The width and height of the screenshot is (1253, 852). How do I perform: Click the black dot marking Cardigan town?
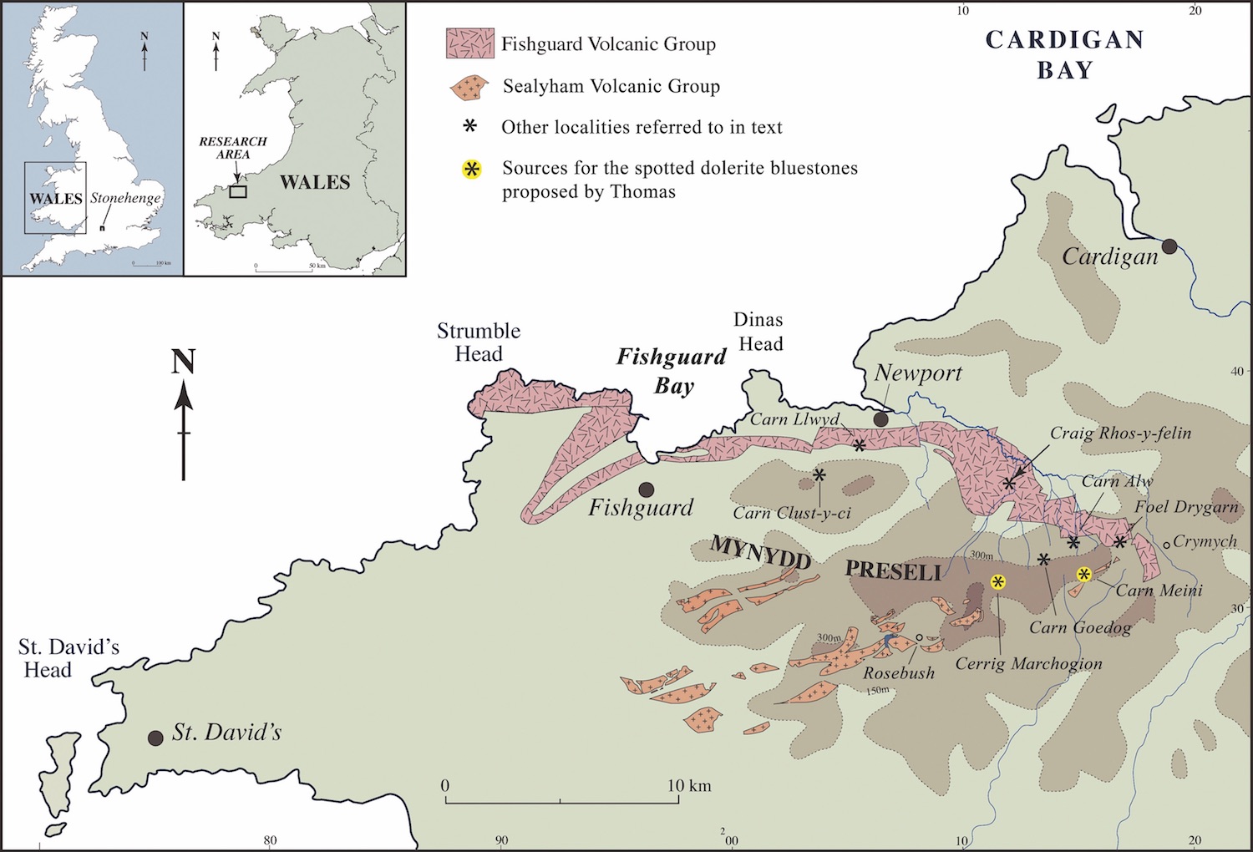click(1169, 246)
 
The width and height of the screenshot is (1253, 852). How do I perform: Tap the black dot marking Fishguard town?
click(646, 489)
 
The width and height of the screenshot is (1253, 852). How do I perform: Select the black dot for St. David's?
click(155, 738)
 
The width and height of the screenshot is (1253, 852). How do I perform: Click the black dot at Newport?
click(880, 419)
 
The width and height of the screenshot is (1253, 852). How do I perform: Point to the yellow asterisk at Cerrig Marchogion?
click(997, 582)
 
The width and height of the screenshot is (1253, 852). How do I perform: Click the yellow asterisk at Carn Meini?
click(1083, 574)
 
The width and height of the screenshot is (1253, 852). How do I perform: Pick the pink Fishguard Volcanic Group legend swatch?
click(469, 43)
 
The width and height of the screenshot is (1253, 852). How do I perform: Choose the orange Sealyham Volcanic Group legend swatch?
click(469, 86)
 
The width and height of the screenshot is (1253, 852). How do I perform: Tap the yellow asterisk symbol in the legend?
click(472, 170)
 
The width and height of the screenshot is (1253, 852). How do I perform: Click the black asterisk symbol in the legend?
click(471, 127)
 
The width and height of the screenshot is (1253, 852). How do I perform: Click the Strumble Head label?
click(479, 342)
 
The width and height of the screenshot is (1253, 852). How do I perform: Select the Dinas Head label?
click(759, 332)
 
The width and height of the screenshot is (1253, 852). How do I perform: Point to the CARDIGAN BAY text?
click(1064, 54)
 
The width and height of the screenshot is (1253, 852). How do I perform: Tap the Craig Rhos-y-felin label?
click(1120, 433)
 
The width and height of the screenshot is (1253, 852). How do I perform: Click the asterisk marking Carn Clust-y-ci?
click(819, 475)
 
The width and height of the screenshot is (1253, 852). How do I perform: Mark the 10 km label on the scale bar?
click(688, 786)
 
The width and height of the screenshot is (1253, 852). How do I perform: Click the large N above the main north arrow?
click(183, 362)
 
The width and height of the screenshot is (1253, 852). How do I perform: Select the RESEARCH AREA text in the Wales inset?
click(232, 148)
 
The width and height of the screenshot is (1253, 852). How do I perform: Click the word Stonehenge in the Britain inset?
click(125, 198)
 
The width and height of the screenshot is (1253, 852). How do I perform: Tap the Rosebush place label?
click(899, 673)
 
